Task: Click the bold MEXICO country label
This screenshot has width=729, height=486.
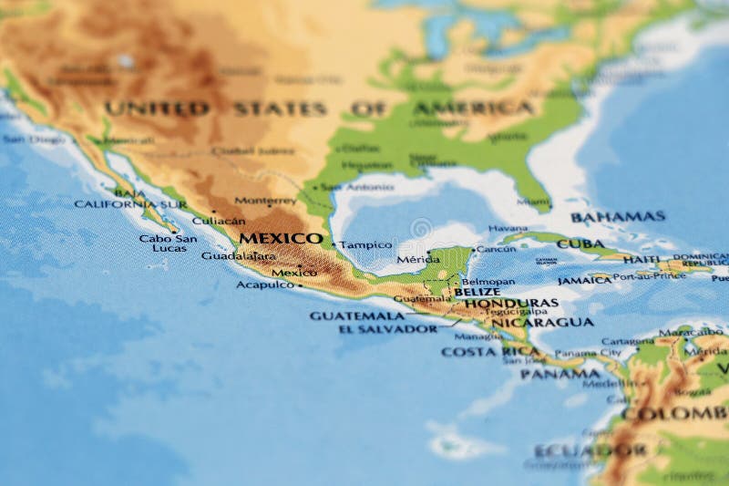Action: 281,239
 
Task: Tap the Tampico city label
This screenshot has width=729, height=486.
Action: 365,245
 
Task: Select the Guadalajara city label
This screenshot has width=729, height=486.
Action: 239,256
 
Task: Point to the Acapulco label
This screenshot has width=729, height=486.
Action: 265,284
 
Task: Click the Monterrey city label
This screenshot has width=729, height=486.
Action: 265,201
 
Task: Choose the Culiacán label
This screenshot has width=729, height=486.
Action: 219,221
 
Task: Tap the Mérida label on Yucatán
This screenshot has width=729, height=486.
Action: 418,259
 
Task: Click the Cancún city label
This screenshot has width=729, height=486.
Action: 496,249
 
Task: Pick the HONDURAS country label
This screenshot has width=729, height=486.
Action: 510,303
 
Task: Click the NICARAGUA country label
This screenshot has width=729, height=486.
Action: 543,322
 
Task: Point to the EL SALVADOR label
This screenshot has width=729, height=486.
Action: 387,328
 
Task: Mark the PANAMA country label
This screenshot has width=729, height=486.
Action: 560,374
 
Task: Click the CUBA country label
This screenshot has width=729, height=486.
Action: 580,244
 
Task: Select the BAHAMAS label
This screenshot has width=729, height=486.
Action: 618,217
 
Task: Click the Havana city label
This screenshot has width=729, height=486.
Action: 508,229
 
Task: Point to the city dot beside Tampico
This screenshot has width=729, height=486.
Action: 334,245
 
